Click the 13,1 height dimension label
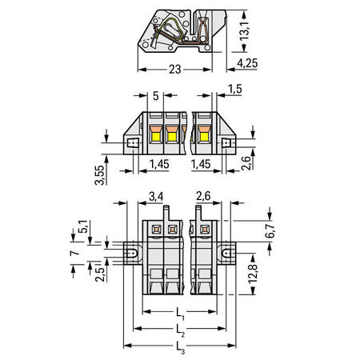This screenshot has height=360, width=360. (244, 30)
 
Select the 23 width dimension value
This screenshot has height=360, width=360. (175, 70)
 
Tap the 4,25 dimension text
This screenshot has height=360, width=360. (247, 63)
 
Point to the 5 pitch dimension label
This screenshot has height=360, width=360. (156, 96)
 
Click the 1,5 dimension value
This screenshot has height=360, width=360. (235, 89)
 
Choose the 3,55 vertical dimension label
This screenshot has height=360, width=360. (99, 175)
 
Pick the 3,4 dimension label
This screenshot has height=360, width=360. (156, 197)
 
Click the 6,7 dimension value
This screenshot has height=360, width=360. (270, 230)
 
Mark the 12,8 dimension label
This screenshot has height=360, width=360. (253, 274)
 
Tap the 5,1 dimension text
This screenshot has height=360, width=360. (82, 226)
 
